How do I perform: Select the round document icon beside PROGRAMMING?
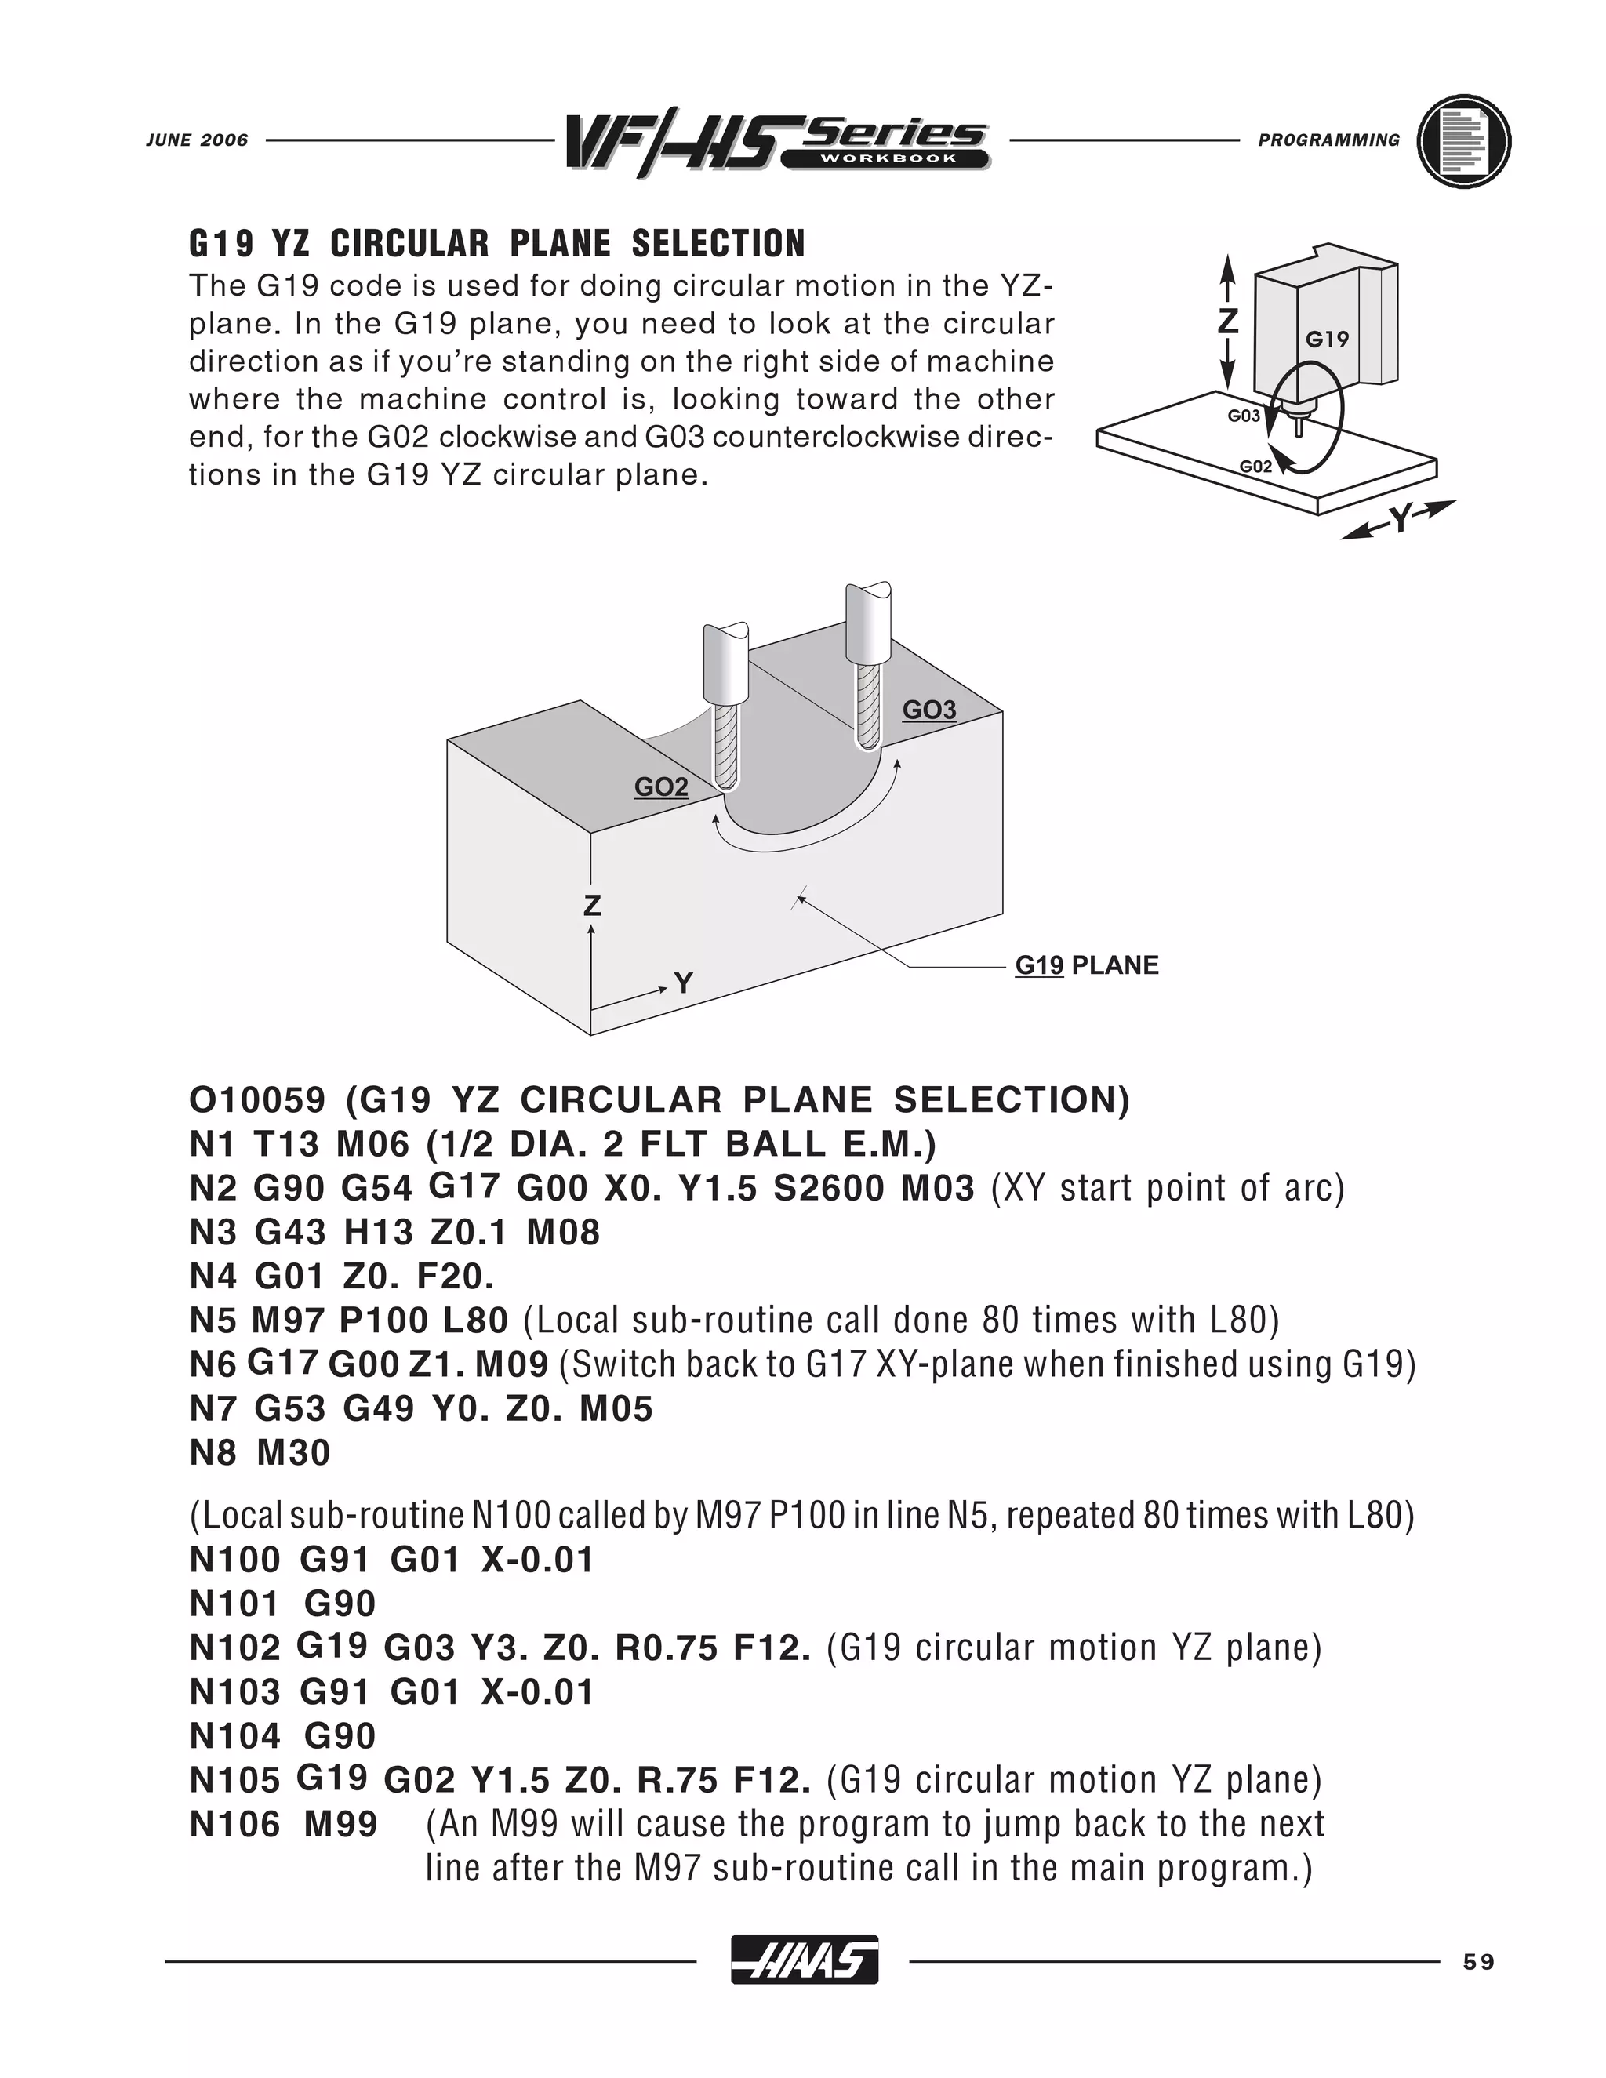[1463, 141]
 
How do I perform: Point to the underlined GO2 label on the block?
[661, 787]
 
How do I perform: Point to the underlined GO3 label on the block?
[928, 710]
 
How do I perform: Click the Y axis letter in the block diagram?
[683, 983]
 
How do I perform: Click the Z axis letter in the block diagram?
[592, 905]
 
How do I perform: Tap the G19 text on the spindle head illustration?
[1326, 339]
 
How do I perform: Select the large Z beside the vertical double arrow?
[1227, 321]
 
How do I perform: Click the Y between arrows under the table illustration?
[1400, 519]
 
